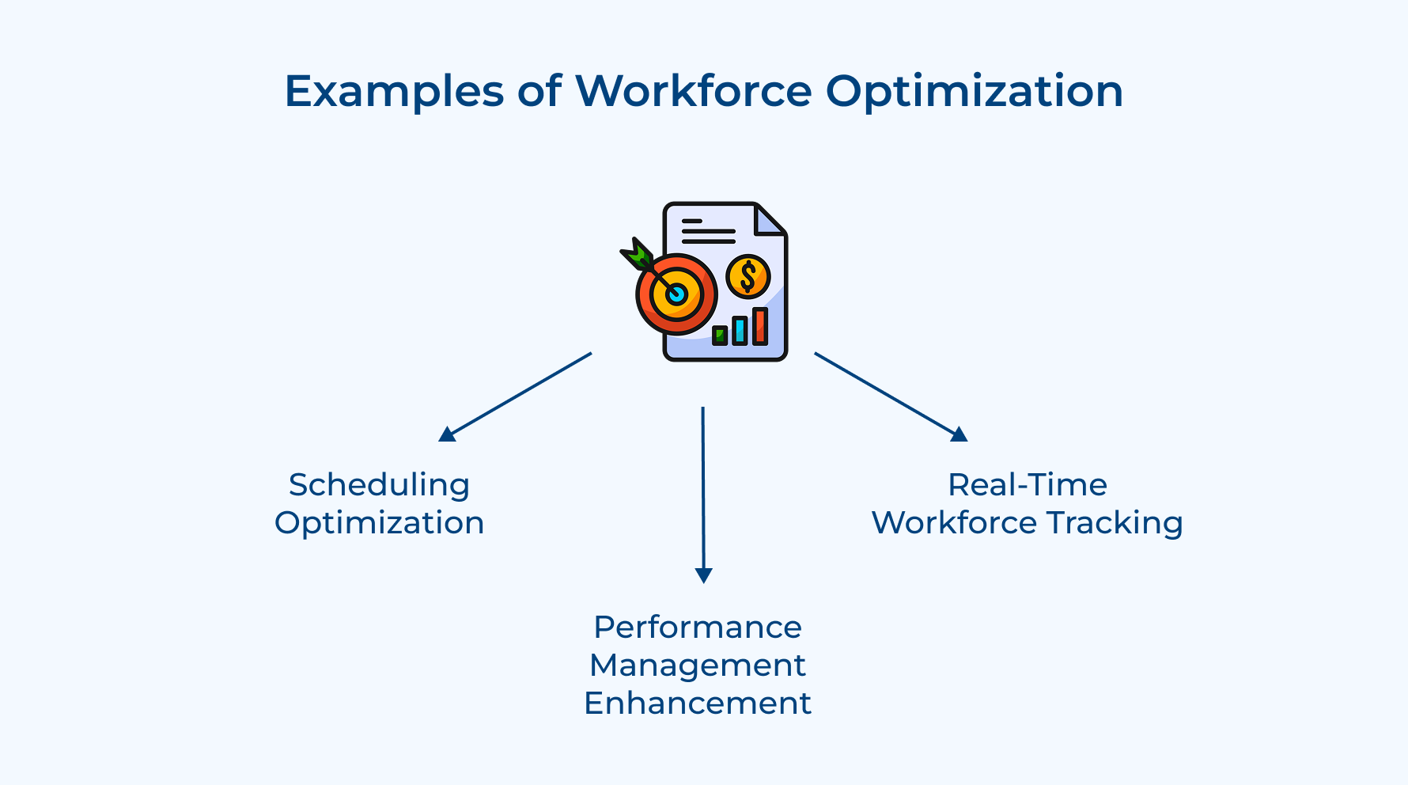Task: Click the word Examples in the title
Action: (393, 92)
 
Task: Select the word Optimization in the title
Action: (974, 92)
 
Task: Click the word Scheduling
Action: (379, 485)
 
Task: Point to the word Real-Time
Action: (1027, 485)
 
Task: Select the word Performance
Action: (697, 628)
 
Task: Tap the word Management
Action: (697, 666)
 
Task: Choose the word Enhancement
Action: (697, 703)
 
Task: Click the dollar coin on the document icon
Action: (748, 276)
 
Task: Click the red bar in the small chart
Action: (760, 325)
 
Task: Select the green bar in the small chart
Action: (720, 335)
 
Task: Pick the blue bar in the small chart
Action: (740, 330)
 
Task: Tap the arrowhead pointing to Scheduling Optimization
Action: (447, 434)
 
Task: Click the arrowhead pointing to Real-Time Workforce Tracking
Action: (959, 434)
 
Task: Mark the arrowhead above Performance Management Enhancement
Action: (703, 575)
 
